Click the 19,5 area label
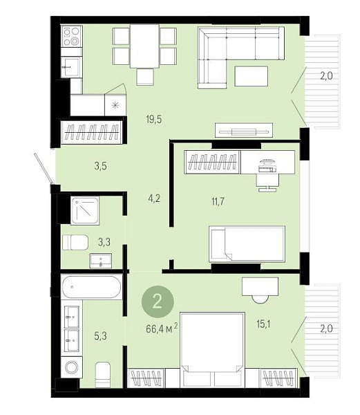[x=153, y=120]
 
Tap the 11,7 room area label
[x=218, y=202]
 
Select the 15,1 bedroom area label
[x=263, y=324]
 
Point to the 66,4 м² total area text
[x=162, y=329]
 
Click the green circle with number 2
[x=158, y=302]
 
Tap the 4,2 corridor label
[x=154, y=199]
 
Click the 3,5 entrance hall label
[x=100, y=166]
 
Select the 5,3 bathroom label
[x=100, y=336]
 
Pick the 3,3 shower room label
[x=104, y=242]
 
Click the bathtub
[x=91, y=287]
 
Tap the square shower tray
[x=85, y=211]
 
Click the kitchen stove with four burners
[x=72, y=36]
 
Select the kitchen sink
[x=70, y=67]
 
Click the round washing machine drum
[x=72, y=367]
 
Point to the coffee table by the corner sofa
[x=251, y=76]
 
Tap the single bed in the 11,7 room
[x=247, y=244]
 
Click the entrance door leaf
[x=44, y=168]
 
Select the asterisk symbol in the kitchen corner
[x=115, y=105]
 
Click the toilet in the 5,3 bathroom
[x=102, y=375]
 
